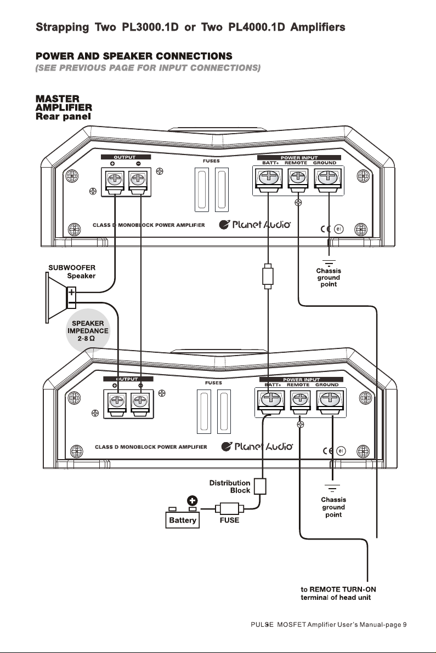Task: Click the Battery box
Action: coord(182,520)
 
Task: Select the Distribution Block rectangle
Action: coord(260,486)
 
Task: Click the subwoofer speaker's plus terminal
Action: coord(71,293)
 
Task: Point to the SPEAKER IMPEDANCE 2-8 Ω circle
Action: coord(88,331)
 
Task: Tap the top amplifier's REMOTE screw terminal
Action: coord(298,180)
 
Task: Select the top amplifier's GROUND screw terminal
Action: coord(329,180)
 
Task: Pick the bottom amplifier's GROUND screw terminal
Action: coord(331,402)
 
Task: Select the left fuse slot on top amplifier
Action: coord(202,190)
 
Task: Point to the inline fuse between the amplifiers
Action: coord(268,276)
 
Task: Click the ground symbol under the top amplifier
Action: coord(329,262)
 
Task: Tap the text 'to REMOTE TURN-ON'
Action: coord(338,589)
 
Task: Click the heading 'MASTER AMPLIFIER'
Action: coord(64,104)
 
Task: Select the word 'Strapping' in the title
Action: coord(63,28)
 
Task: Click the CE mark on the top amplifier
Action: coord(325,228)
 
